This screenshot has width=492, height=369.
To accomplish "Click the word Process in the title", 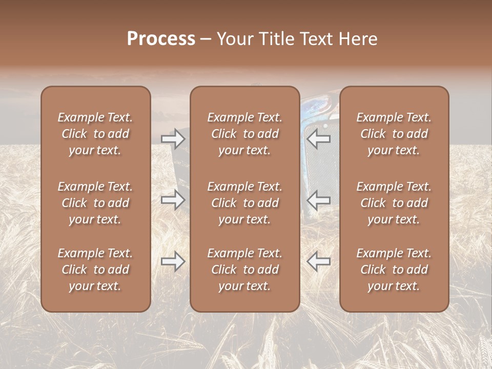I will point(161,39).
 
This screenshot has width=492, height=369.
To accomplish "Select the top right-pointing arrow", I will point(173,139).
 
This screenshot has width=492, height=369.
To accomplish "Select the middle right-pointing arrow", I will point(173,200).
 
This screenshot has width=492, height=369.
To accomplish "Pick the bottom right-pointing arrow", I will point(173,261).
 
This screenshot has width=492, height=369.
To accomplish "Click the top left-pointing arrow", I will point(318,139).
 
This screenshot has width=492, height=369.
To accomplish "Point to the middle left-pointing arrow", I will point(318,200).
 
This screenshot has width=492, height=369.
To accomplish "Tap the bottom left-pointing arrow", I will point(318,261).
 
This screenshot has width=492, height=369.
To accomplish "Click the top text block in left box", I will point(95,134).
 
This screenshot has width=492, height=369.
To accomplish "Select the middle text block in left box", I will point(95,203).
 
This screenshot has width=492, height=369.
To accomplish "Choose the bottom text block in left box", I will point(95,270).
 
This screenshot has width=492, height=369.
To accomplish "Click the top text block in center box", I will point(244,134).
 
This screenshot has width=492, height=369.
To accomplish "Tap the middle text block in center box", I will point(244,203).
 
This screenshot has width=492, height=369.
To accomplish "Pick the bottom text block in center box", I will point(244,270).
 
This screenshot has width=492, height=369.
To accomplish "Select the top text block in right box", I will point(394,134).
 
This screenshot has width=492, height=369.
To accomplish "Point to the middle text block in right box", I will point(394,203).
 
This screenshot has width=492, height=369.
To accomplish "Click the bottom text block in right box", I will point(394,270).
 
